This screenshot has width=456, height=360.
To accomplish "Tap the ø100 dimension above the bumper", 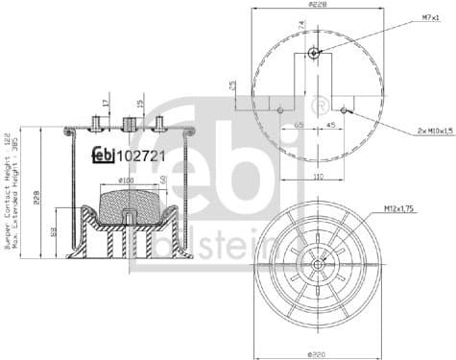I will (x=126, y=180).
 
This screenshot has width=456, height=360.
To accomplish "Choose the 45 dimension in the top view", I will (x=330, y=124).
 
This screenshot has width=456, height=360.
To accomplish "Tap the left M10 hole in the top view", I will (x=279, y=109).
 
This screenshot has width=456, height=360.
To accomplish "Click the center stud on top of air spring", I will (x=127, y=123).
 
